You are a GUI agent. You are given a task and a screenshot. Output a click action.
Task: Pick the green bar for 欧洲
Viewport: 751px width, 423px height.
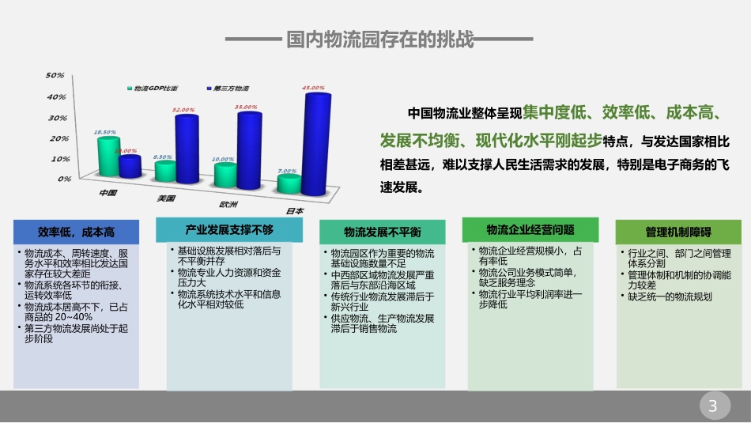tap(225, 175)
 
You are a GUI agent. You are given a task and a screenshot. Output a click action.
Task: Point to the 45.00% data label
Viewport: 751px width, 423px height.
tap(314, 87)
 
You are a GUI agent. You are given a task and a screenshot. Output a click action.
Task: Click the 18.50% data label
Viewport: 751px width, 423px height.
tap(104, 132)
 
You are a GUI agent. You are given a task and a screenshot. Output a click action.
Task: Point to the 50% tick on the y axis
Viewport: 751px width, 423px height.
tap(55, 76)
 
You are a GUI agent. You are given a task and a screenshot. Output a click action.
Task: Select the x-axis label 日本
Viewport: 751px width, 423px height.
tap(294, 210)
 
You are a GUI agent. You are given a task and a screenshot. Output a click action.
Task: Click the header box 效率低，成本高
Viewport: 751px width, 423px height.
tap(76, 232)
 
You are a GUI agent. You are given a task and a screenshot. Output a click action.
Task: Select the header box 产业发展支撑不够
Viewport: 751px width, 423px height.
tap(228, 229)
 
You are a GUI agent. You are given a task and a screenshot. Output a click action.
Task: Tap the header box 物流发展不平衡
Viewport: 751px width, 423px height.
tap(382, 232)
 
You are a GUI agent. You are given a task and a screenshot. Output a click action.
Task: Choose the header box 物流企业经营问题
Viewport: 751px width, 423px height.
tap(530, 229)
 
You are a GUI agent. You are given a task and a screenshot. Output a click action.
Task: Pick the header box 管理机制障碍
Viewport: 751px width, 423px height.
tap(677, 232)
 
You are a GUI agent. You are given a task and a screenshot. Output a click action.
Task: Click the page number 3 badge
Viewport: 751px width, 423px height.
tap(713, 407)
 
